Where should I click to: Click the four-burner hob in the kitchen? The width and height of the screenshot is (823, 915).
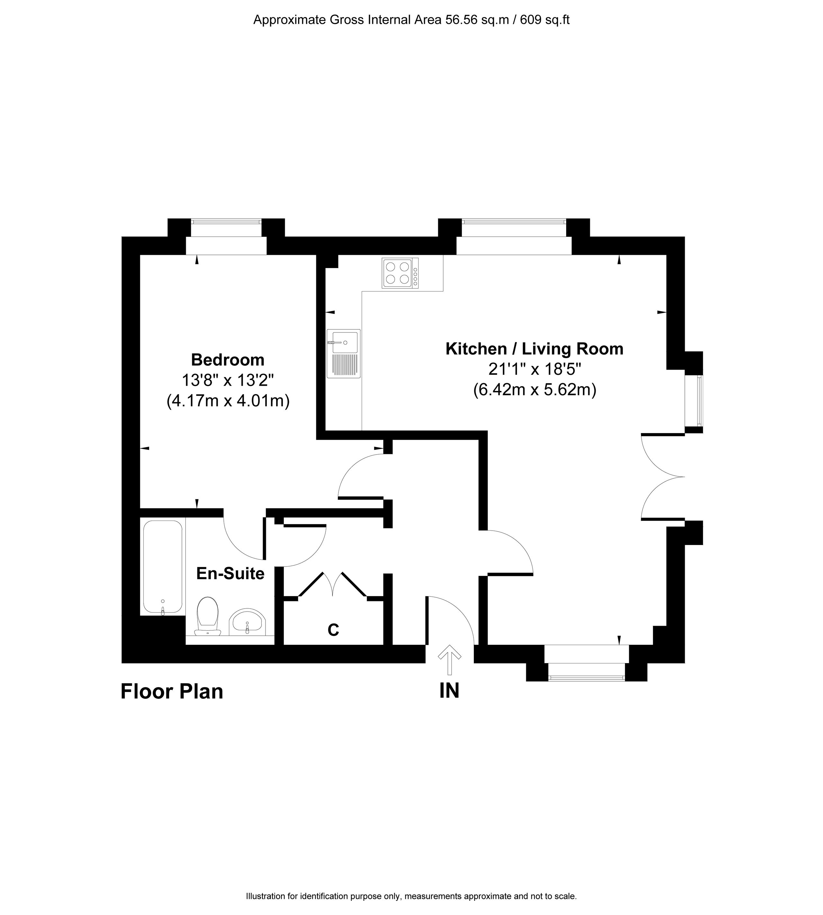[x=400, y=273]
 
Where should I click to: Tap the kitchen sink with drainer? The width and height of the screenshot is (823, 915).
[x=344, y=353]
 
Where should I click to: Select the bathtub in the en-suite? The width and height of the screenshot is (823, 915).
[x=163, y=567]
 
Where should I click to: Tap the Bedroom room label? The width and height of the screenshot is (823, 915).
[x=228, y=360]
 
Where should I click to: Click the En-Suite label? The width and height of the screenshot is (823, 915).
[x=230, y=574]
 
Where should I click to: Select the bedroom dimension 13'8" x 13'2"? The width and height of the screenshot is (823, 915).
[x=228, y=380]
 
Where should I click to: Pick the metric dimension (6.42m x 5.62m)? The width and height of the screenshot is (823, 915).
[x=535, y=390]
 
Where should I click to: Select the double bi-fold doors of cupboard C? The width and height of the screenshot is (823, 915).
[x=332, y=586]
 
